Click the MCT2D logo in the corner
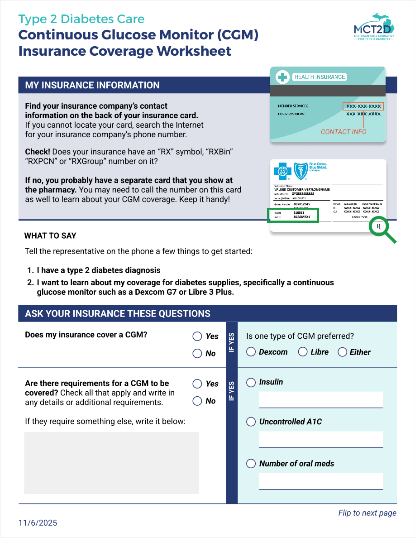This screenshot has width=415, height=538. click(x=374, y=27)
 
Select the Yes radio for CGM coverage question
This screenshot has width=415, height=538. click(x=197, y=336)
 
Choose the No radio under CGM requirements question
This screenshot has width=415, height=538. click(x=197, y=401)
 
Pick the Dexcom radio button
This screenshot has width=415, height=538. click(x=251, y=352)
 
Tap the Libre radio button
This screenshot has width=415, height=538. click(x=303, y=352)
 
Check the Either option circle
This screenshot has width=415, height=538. click(x=342, y=352)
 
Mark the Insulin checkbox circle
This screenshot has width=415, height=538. click(x=251, y=382)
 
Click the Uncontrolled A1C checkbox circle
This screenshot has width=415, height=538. click(x=251, y=422)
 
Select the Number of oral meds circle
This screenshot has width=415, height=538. click(x=251, y=463)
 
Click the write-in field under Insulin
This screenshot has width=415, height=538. click(x=321, y=399)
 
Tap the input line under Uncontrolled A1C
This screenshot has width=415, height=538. click(x=321, y=439)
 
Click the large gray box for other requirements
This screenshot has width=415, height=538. click(x=111, y=462)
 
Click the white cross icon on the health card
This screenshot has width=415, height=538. click(x=283, y=77)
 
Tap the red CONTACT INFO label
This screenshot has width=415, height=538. click(x=343, y=132)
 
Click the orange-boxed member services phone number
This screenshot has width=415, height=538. click(x=363, y=106)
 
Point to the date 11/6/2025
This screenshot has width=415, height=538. click(x=38, y=523)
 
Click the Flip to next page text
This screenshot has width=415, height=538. click(x=367, y=513)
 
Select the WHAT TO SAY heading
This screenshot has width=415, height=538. click(x=50, y=235)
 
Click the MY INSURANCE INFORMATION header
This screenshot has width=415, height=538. click(x=92, y=85)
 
